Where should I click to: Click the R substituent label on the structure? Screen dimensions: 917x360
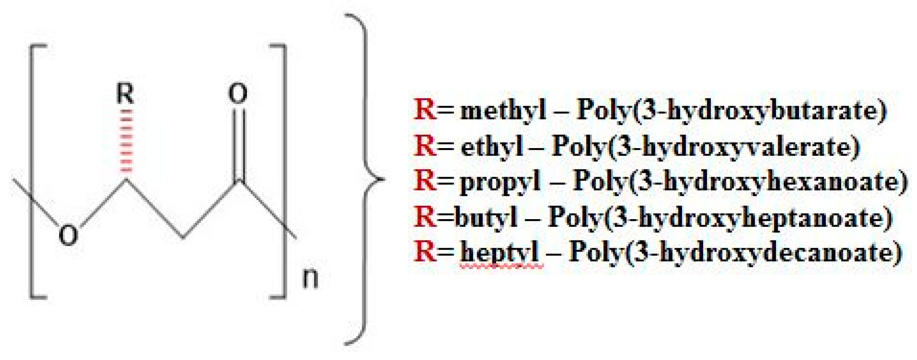tap(125, 94)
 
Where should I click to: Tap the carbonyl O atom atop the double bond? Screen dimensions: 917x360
tap(238, 94)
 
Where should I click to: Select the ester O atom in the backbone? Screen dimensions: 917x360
tap(68, 235)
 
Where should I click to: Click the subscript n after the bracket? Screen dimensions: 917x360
tap(310, 278)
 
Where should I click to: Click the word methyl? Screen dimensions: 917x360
tap(503, 110)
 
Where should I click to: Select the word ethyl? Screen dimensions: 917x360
tap(492, 146)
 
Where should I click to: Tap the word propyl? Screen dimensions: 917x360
tap(500, 182)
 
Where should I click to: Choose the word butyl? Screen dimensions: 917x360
tap(485, 217)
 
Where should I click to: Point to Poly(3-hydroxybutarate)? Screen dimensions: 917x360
tap(732, 110)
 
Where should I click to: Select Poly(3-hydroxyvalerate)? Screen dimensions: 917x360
tap(706, 146)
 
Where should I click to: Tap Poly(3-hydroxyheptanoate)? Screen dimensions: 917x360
tap(720, 217)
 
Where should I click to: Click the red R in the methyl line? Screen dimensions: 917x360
tap(425, 110)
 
